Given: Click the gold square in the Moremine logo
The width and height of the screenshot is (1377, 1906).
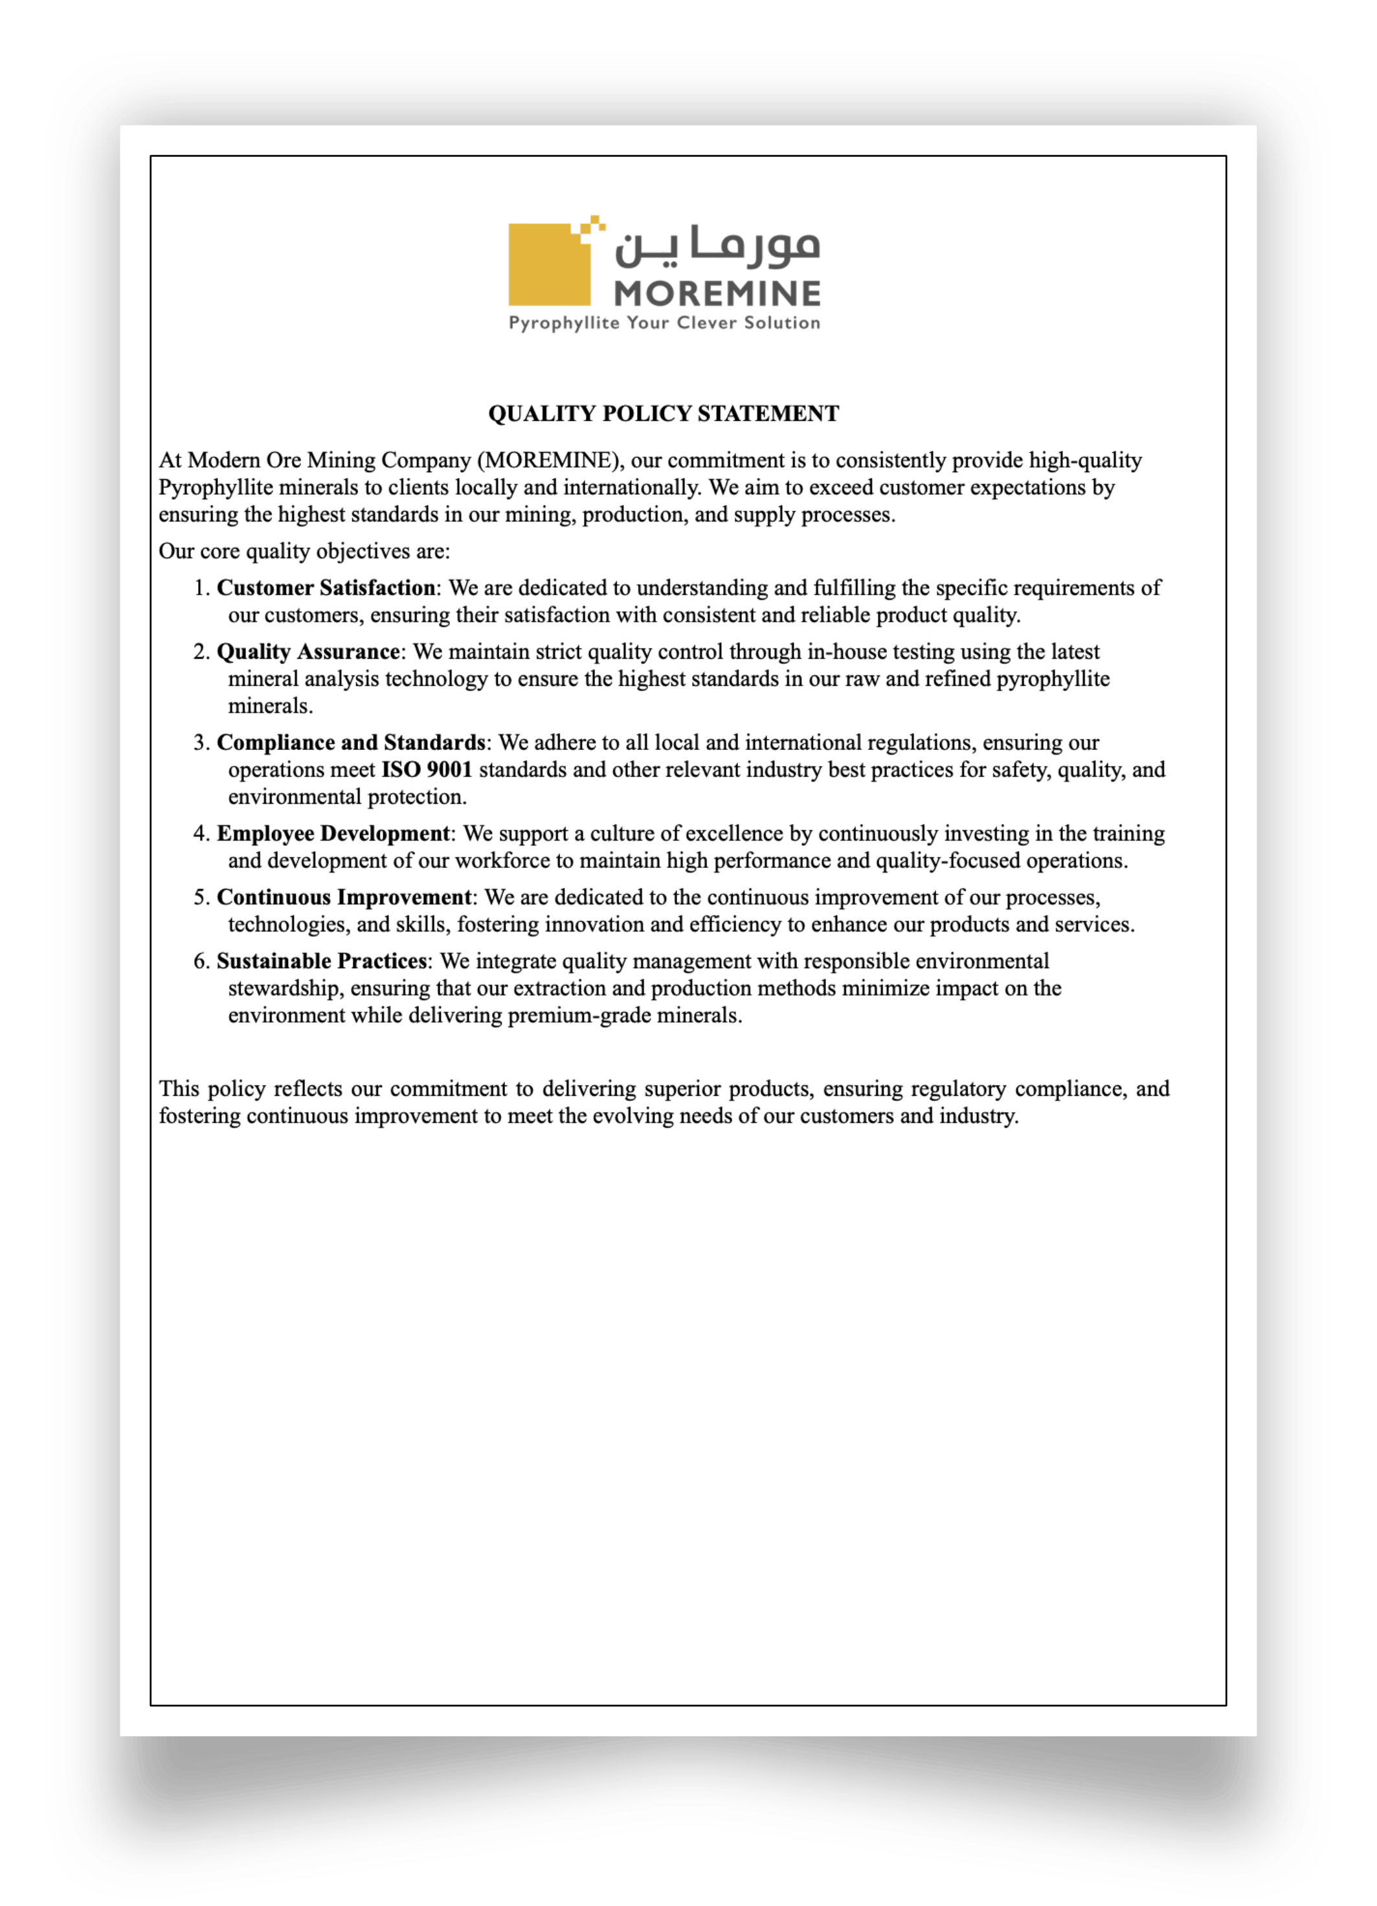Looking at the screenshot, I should tap(548, 266).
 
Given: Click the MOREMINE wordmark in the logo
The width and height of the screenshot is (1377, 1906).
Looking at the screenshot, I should tap(717, 293).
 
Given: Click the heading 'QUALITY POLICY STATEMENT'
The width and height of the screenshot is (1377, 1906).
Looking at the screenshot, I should tap(663, 413).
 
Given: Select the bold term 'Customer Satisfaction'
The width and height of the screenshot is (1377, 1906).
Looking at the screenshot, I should tap(326, 587).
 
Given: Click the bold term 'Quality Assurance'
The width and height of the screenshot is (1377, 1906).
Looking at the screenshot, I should tap(308, 652).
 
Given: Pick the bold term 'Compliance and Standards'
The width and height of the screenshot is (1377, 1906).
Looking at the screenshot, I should tap(350, 742).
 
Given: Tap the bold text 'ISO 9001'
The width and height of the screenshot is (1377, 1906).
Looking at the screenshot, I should tap(427, 769).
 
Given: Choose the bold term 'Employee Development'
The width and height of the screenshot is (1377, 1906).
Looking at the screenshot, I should tap(333, 833).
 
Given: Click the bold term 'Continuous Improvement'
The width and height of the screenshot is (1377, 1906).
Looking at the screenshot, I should tap(344, 897).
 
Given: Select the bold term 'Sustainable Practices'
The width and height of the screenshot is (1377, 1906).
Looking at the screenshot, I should tap(322, 960).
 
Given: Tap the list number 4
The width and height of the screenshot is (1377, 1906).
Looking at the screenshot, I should tap(201, 833).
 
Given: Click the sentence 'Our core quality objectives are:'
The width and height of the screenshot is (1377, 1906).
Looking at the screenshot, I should tap(304, 550).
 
